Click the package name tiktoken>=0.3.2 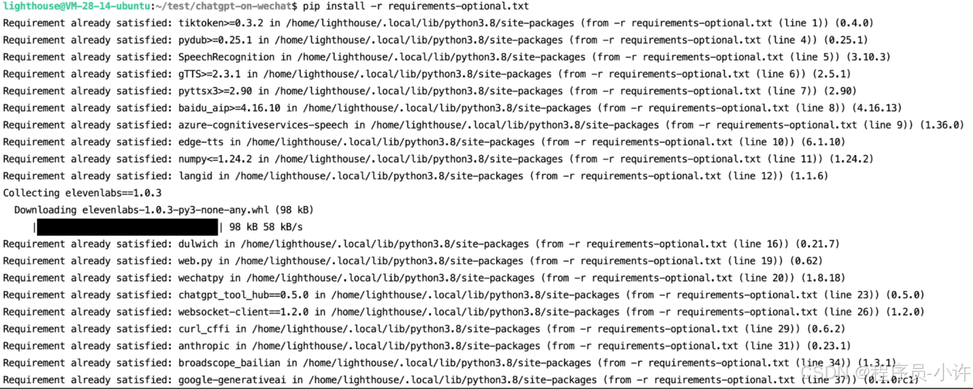pos(221,23)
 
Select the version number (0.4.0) pos(854,23)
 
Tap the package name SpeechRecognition pos(226,57)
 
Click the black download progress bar pos(127,227)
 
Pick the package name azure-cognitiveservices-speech pos(263,126)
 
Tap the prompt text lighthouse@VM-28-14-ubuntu pos(77,7)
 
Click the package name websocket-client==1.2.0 pos(244,312)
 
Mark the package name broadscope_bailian pos(229,363)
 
